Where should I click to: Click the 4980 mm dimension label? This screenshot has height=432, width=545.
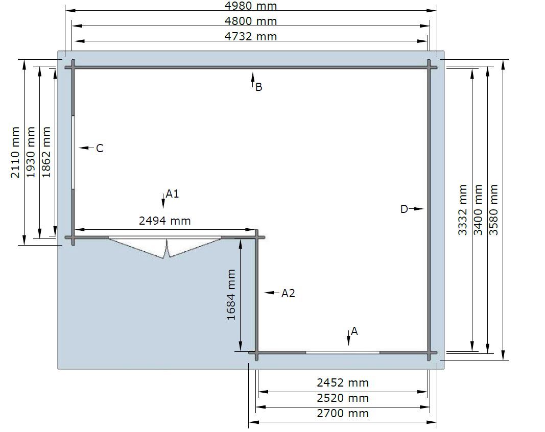click(x=251, y=6)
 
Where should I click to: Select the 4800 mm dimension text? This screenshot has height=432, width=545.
click(x=251, y=21)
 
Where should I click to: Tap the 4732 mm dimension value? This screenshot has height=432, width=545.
click(x=251, y=36)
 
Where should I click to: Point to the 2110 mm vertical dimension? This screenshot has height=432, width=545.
click(x=15, y=152)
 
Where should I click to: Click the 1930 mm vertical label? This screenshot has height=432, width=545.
click(x=31, y=152)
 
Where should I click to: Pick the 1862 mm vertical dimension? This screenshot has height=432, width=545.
click(x=46, y=152)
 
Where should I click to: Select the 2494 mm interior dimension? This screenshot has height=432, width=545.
click(x=165, y=221)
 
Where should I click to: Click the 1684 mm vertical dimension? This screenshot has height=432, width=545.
click(x=231, y=295)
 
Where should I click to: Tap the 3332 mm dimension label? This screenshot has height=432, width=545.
click(x=462, y=210)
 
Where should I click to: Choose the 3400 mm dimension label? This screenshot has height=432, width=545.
click(x=478, y=210)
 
